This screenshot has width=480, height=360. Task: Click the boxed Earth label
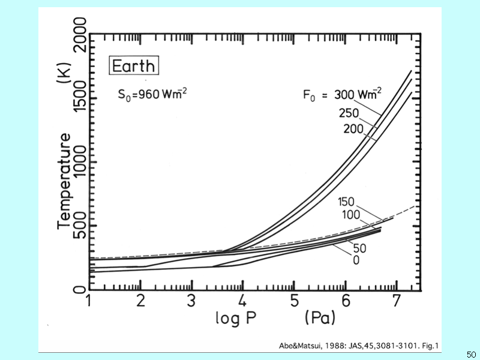134,65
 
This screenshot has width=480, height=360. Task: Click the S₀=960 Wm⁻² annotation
152,94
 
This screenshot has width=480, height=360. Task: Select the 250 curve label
349,113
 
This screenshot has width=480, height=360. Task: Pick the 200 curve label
353,129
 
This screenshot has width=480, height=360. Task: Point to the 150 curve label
346,202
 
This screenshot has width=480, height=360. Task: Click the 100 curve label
351,215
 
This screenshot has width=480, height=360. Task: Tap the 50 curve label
359,248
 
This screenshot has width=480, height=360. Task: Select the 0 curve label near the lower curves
356,260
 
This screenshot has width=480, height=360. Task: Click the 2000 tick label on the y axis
81,34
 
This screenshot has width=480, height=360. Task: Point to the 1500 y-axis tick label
81,97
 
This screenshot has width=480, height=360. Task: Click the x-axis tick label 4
242,301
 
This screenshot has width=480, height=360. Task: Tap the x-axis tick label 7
397,301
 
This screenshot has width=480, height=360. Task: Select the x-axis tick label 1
88,301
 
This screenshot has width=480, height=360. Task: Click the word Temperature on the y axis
64,181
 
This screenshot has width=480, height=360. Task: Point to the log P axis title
236,318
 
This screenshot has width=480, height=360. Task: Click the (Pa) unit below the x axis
320,317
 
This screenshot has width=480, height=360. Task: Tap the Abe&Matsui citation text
358,346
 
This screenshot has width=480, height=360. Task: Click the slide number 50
471,355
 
